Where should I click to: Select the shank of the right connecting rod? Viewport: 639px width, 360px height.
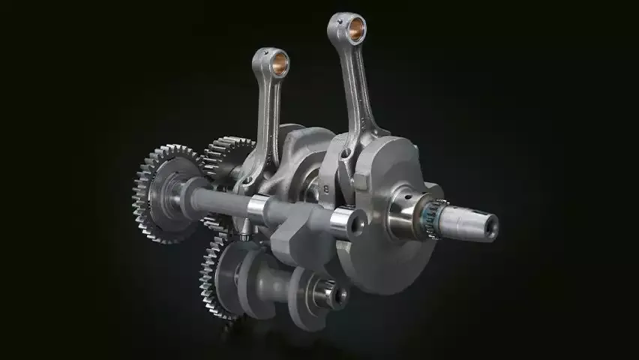(x=361, y=90)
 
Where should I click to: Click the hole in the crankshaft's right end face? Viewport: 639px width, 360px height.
(x=491, y=224)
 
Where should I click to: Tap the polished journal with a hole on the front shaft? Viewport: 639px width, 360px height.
(x=346, y=220)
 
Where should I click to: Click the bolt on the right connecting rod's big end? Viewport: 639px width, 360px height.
(x=344, y=157)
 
